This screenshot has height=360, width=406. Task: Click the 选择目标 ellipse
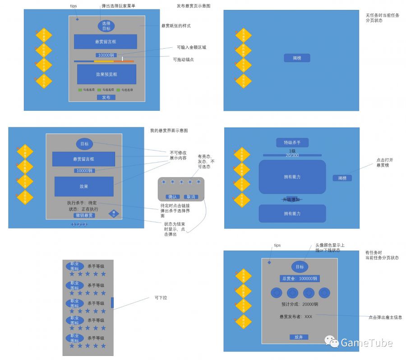coord(106,26)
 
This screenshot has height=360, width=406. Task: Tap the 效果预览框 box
coord(106,74)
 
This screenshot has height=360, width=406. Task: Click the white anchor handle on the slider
coord(122,59)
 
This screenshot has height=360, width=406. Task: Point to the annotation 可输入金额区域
coord(192,47)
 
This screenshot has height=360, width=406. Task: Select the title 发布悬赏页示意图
coord(193,6)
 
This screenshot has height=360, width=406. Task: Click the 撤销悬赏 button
coord(84,215)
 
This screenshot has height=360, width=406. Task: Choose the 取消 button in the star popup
coord(191,196)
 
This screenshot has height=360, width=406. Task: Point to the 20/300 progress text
coord(292,155)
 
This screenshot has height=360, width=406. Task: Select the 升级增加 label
coord(291,199)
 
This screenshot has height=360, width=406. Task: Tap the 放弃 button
coord(299,337)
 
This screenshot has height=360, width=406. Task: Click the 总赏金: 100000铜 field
coord(300,278)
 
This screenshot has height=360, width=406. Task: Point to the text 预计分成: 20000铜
coord(300,304)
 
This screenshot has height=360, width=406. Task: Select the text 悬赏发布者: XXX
coord(296,317)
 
